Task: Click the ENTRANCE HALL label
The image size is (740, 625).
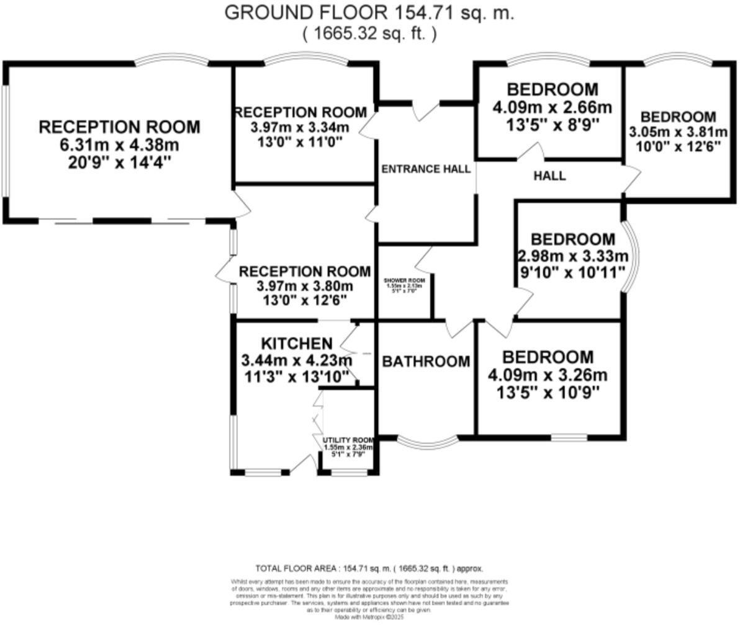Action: pos(425,169)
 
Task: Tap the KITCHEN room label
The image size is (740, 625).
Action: pos(296,344)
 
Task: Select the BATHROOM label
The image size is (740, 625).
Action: pos(425,361)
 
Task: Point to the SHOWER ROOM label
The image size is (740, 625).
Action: pos(404,280)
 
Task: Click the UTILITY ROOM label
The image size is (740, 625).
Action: pos(348,440)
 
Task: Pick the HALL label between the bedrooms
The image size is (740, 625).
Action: pos(549,176)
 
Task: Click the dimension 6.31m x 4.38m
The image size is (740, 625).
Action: pos(119,146)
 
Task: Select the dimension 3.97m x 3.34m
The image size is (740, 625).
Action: pos(300,128)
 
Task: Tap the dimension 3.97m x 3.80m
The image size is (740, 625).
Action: pos(304,286)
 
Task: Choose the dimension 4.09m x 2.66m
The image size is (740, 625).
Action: pos(552,107)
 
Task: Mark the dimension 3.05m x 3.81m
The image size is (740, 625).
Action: pos(678,132)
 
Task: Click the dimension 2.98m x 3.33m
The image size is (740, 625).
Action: pos(572,256)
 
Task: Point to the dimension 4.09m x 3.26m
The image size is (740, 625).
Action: pos(548,375)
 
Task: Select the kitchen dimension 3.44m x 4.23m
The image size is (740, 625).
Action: pos(296,360)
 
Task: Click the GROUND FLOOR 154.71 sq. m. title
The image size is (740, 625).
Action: pos(369,12)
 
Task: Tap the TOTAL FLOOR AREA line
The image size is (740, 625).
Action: pos(369,568)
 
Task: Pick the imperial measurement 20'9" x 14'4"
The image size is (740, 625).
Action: pos(119,162)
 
